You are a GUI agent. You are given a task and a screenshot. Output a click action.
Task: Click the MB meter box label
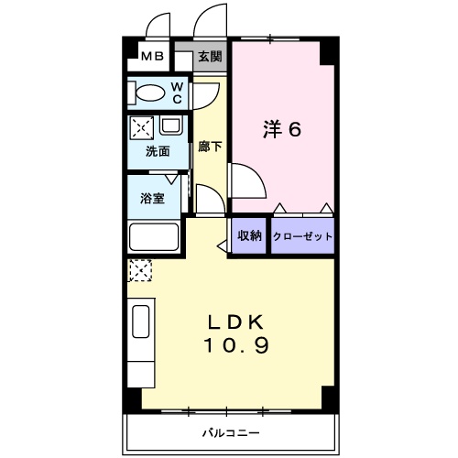point(152,56)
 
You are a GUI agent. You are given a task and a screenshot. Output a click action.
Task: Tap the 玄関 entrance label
point(210,57)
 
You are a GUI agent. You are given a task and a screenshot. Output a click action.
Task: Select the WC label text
point(177,93)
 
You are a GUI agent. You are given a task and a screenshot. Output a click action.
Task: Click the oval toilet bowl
point(150,93)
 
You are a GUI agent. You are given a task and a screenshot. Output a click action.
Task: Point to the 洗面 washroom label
point(158,151)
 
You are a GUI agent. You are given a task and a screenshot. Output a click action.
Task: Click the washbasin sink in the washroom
point(171,125)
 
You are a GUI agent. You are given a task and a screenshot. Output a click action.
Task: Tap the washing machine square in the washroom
point(142,128)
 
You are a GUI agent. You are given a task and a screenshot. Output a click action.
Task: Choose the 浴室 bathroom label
point(152,199)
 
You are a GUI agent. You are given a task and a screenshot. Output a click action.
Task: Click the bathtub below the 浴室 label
point(154,237)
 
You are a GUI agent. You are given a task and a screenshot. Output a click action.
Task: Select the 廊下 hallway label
point(210,147)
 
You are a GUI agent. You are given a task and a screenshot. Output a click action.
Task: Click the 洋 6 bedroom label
point(282,129)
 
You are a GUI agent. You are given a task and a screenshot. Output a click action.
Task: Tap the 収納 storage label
point(250,235)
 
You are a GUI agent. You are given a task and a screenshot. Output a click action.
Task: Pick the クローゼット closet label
point(302,236)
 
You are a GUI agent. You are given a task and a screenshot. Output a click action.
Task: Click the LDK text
point(235,322)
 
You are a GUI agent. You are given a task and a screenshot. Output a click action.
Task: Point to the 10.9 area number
point(236,345)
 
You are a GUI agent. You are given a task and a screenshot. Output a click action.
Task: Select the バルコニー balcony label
point(231,432)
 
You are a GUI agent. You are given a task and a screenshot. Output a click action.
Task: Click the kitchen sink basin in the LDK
point(141,322)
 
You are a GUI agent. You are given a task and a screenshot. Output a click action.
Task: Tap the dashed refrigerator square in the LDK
point(141,270)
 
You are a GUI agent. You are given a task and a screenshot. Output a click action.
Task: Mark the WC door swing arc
point(213,99)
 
